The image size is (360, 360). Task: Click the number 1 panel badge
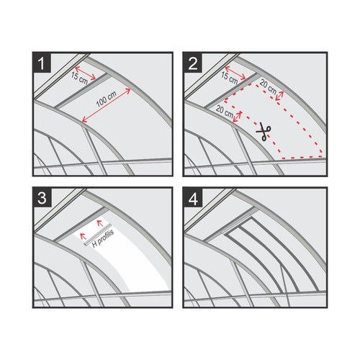pyautogui.click(x=42, y=63)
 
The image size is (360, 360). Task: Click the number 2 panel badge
pyautogui.click(x=192, y=63)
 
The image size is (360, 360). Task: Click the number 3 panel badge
pyautogui.click(x=42, y=198)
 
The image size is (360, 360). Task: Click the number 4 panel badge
pyautogui.click(x=193, y=198)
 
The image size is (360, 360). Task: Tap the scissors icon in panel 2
pyautogui.click(x=264, y=132)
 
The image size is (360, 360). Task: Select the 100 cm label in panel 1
pyautogui.click(x=107, y=99)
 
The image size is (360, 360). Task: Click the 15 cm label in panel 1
pyautogui.click(x=79, y=78)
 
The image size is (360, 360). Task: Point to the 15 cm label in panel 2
pyautogui.click(x=229, y=78)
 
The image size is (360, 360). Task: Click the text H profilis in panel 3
pyautogui.click(x=103, y=238)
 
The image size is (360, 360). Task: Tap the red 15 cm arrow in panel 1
pyautogui.click(x=85, y=73)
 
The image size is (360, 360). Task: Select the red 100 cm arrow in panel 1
pyautogui.click(x=107, y=106)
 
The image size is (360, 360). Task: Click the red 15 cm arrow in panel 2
pyautogui.click(x=235, y=73)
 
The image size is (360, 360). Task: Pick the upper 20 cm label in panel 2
pyautogui.click(x=268, y=87)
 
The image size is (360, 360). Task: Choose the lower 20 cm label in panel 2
pyautogui.click(x=225, y=112)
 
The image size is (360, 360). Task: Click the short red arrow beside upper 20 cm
pyautogui.click(x=279, y=96)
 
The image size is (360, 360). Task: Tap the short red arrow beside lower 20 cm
pyautogui.click(x=238, y=117)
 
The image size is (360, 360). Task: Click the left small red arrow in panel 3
pyautogui.click(x=83, y=236)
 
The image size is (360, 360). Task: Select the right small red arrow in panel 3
pyautogui.click(x=100, y=223)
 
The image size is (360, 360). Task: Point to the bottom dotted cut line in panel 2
pyautogui.click(x=302, y=158)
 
